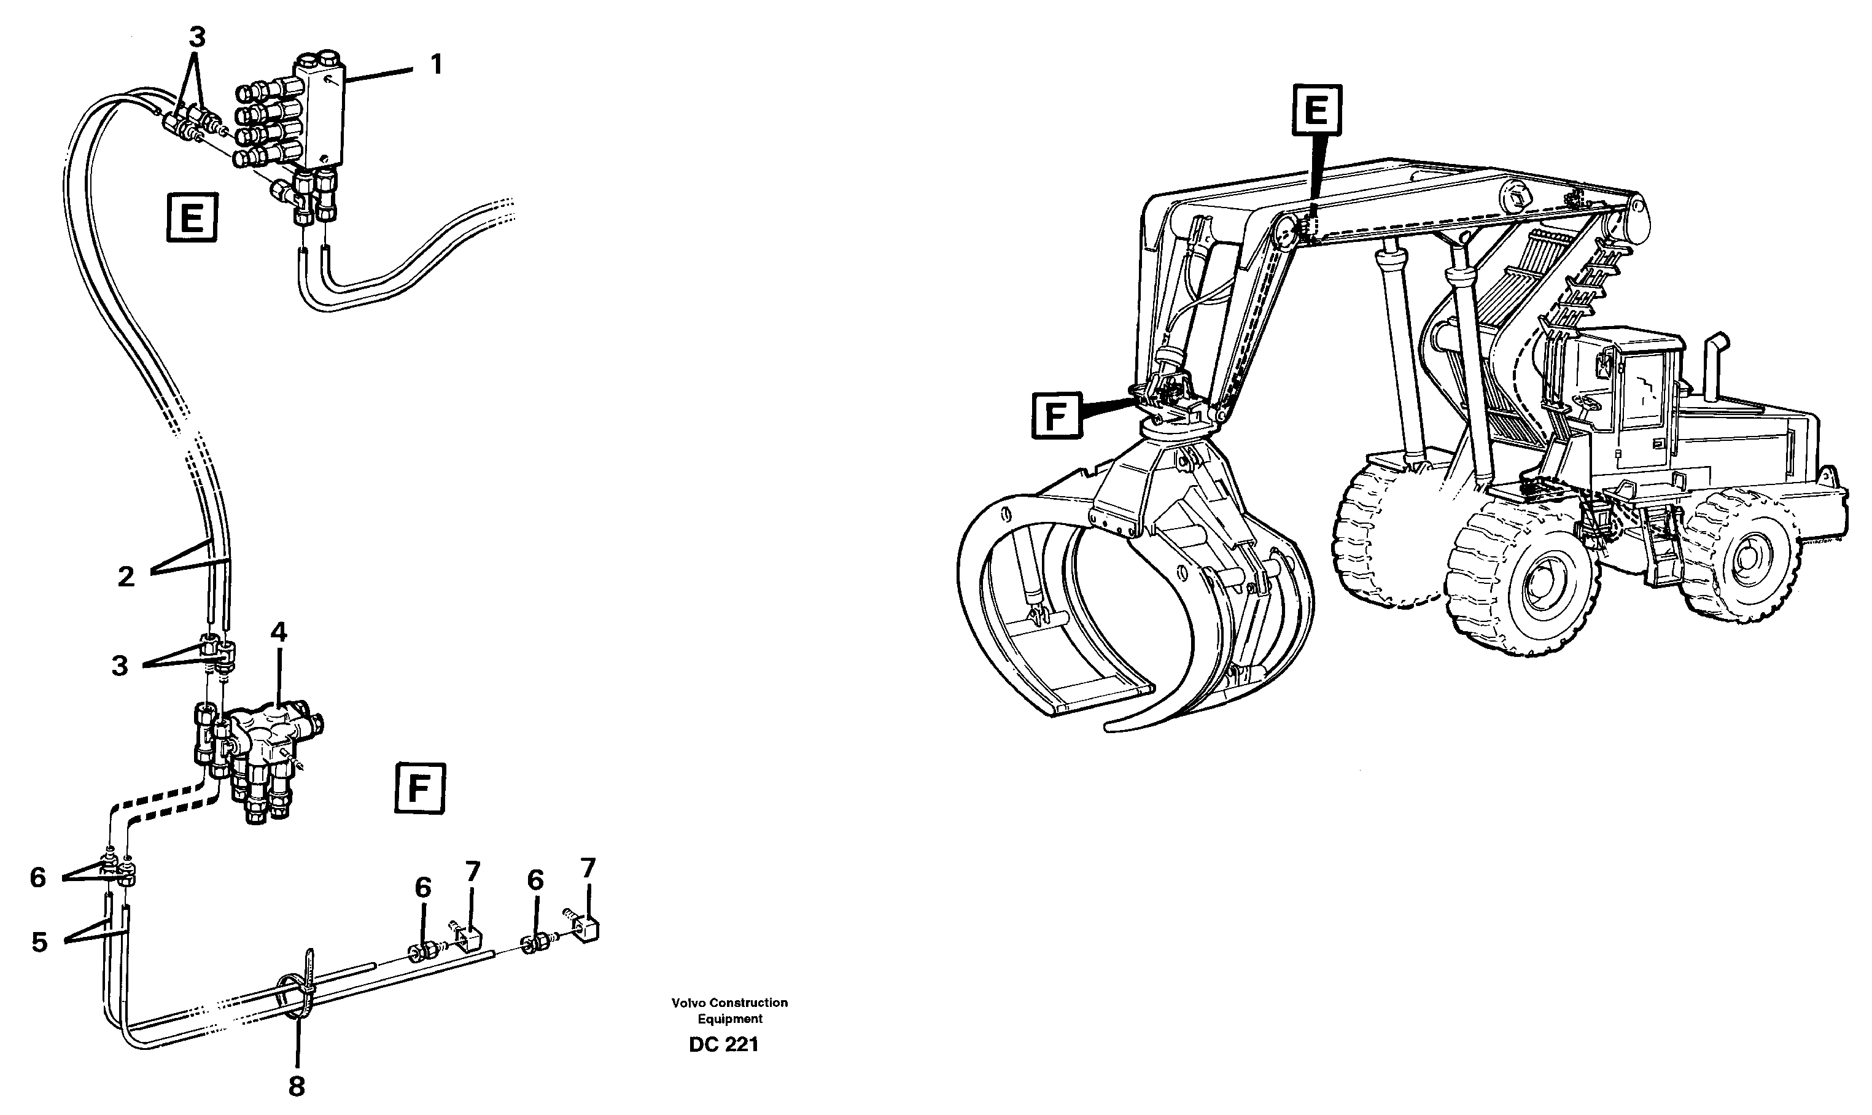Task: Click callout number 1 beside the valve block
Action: (x=436, y=64)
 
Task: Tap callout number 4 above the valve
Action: (x=279, y=632)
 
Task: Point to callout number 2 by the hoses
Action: (x=126, y=577)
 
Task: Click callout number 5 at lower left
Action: (x=39, y=942)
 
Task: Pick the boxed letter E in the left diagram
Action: (x=192, y=219)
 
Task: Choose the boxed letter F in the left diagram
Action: (x=419, y=789)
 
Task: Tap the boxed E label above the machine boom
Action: (x=1315, y=111)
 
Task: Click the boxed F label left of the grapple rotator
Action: (x=1056, y=416)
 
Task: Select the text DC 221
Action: (x=723, y=1045)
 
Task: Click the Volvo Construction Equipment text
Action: (x=729, y=1011)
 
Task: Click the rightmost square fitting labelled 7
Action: (x=588, y=930)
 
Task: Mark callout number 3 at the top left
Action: (x=196, y=36)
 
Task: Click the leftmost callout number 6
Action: (x=37, y=877)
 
